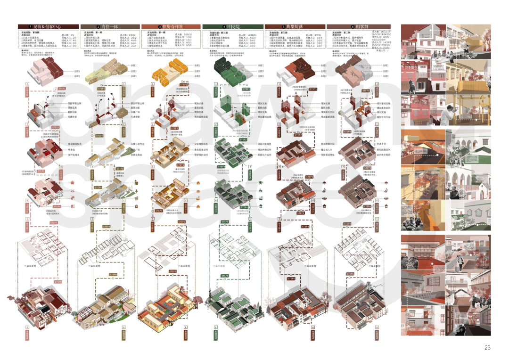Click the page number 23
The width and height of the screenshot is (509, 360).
click(487, 348)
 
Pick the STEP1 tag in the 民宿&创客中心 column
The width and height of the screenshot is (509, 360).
click(62, 88)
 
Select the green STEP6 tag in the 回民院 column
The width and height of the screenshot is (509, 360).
click(225, 276)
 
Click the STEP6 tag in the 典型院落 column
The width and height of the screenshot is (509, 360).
click(291, 279)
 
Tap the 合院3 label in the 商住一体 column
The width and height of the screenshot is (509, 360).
click(133, 76)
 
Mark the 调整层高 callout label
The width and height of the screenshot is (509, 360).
click(72, 107)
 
